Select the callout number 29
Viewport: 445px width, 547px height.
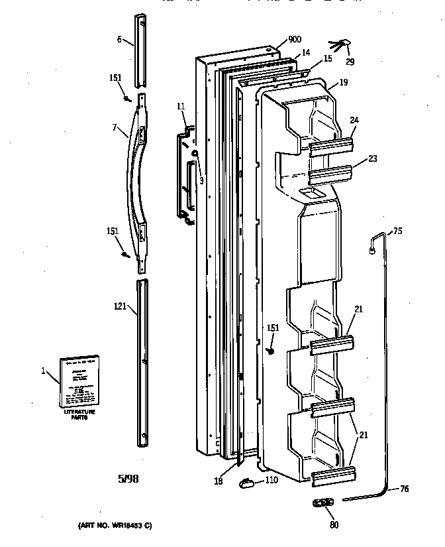350,62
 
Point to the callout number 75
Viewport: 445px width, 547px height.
397,231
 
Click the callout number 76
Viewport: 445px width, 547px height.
404,490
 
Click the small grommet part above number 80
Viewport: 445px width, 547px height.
322,503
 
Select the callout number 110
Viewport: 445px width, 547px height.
272,481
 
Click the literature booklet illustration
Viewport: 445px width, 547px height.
78,381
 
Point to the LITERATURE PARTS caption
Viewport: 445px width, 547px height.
79,415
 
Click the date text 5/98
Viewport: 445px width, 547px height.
129,477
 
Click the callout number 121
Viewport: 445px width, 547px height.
119,306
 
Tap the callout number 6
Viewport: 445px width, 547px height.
119,39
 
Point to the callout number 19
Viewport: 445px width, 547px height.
343,83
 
